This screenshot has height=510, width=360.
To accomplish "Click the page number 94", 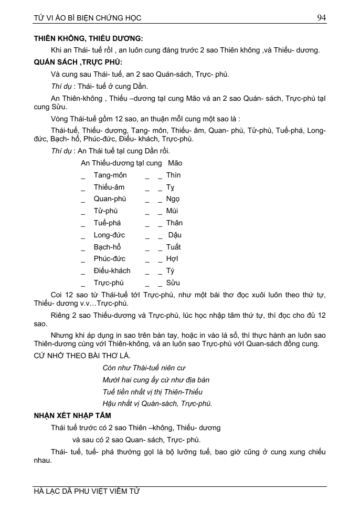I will click(322, 18).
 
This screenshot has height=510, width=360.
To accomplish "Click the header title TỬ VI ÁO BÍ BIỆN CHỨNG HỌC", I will click(87, 18).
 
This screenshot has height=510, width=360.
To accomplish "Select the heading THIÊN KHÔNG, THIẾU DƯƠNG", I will click(88, 38).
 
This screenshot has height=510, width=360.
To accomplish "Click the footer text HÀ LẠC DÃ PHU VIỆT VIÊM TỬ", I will click(87, 492).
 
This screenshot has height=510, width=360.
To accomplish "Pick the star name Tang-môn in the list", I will click(110, 175).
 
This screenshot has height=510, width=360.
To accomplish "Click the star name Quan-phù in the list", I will click(110, 199).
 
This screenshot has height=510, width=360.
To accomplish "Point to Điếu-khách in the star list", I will click(112, 270).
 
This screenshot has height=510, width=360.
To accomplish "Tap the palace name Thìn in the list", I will click(173, 175).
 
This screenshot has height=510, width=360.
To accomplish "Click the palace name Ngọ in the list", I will click(173, 199).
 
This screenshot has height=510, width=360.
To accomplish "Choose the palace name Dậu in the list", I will click(174, 235).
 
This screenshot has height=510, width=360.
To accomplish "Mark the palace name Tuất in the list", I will click(173, 247).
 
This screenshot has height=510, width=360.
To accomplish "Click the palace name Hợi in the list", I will click(172, 259).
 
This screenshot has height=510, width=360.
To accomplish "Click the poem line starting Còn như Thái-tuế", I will click(144, 368).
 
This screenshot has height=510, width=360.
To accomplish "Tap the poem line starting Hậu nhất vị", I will click(157, 403).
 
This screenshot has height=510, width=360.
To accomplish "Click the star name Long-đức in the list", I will click(109, 235).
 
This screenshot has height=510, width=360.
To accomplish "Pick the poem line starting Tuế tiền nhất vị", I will click(152, 392).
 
